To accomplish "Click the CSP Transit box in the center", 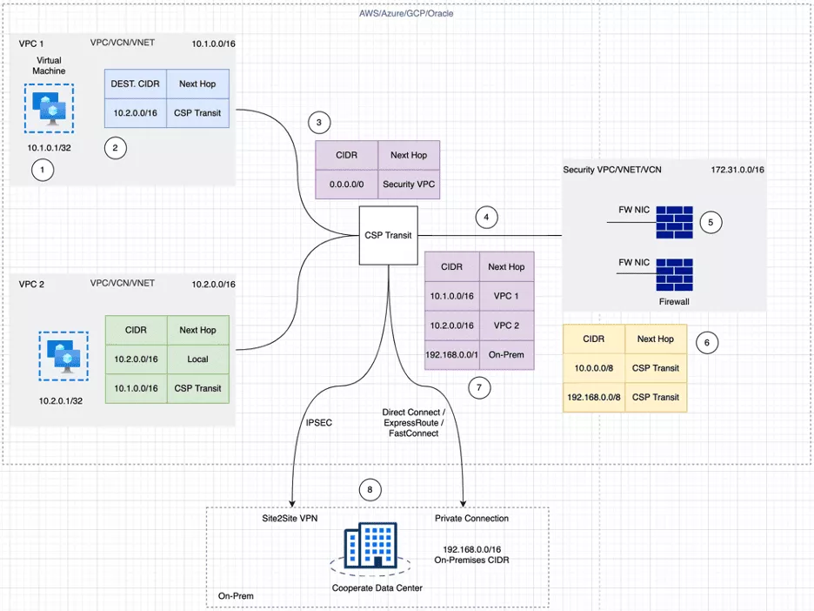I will (x=388, y=235).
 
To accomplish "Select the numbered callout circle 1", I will (x=43, y=171).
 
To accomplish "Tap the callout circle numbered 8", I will (x=370, y=491).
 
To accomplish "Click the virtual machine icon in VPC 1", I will (x=49, y=109).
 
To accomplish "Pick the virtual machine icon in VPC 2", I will (x=63, y=356).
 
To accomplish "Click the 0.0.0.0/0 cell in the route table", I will (x=345, y=185).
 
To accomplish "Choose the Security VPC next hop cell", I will (x=409, y=185).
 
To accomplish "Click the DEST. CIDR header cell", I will (x=135, y=84).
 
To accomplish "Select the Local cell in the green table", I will (x=197, y=359).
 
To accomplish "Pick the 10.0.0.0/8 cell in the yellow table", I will (x=594, y=367).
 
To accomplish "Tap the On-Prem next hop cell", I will (x=505, y=355).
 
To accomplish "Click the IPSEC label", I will (x=319, y=424).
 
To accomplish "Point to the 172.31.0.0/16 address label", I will (x=737, y=169).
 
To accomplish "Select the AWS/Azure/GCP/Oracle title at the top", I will (x=406, y=13).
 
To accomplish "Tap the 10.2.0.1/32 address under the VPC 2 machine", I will (x=62, y=401).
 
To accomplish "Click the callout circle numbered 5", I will (x=711, y=222).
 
